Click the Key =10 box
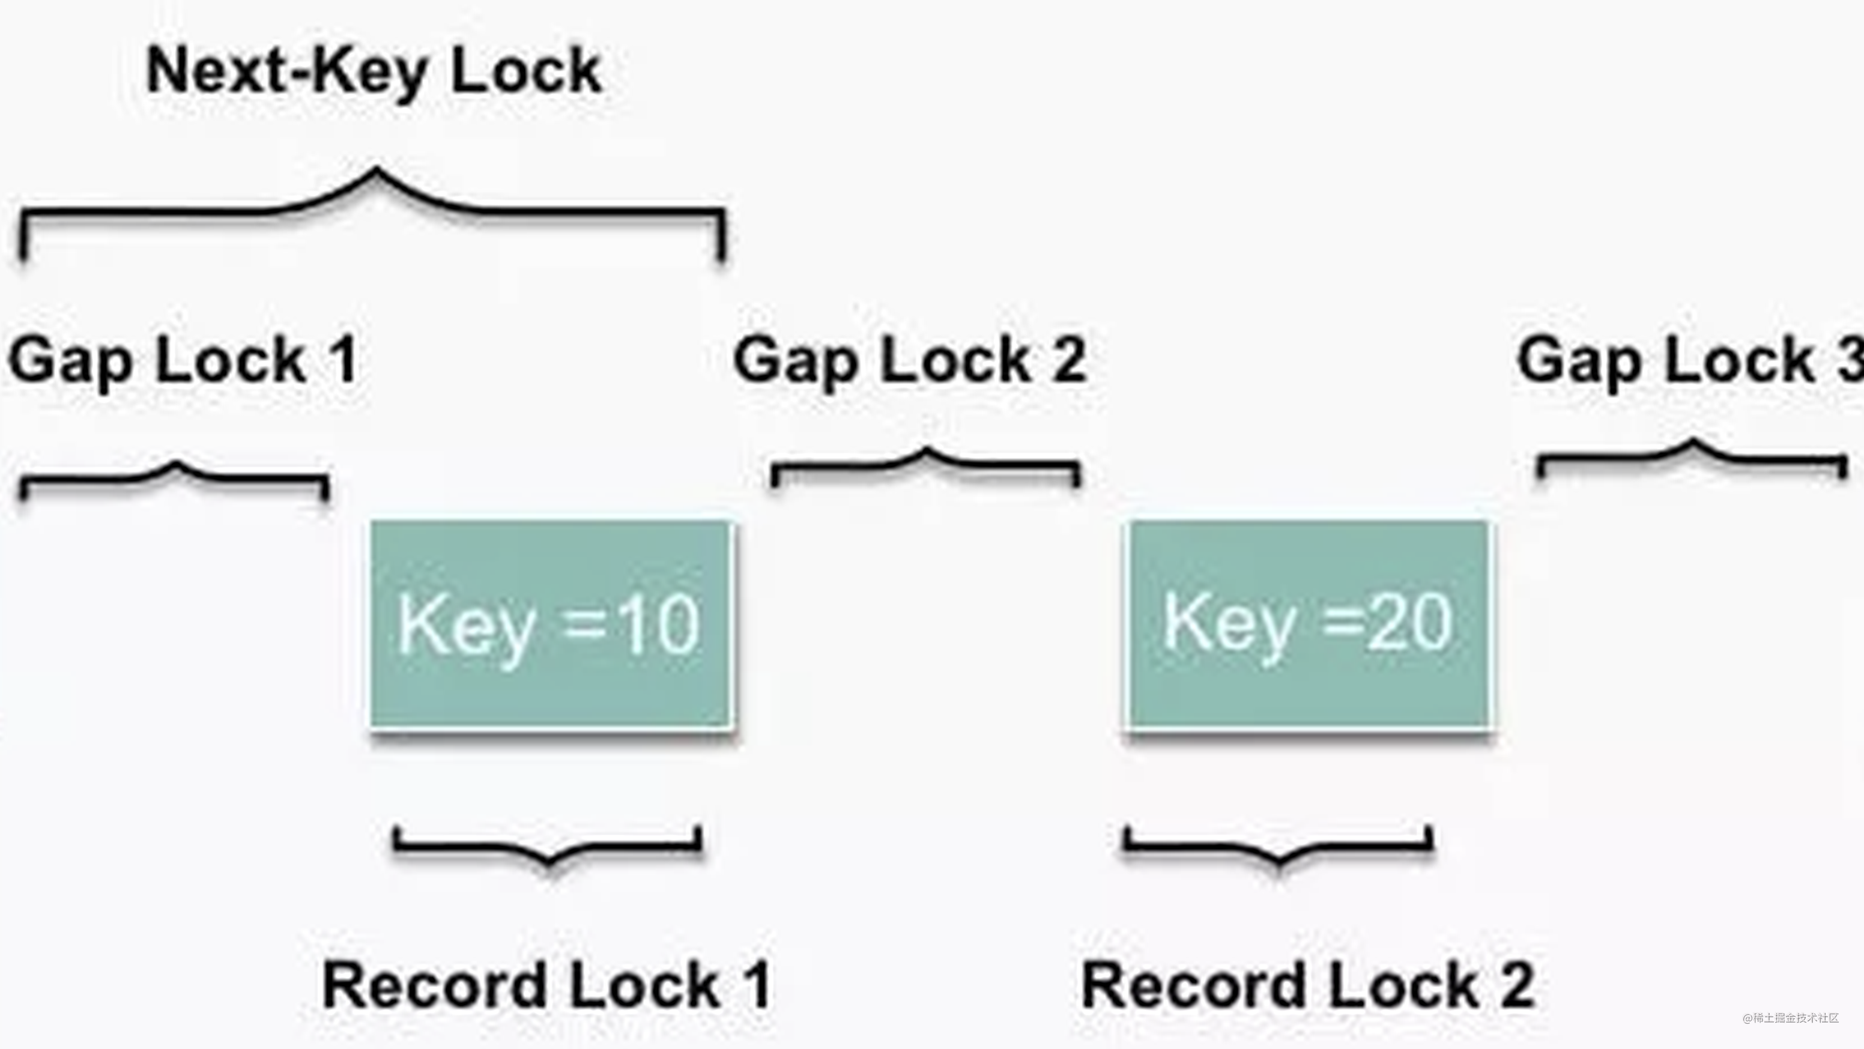point(552,624)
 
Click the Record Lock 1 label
point(547,985)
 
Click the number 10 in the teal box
point(660,625)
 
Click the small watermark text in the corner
point(1790,1018)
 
